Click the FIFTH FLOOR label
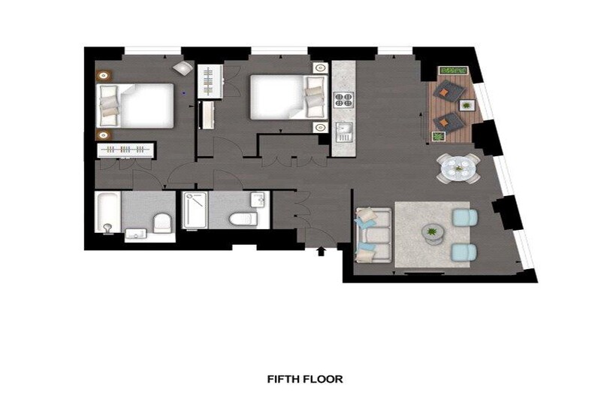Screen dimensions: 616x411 pos(305,379)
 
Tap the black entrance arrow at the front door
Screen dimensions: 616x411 pos(322,252)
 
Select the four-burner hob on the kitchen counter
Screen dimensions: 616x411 pos(343,100)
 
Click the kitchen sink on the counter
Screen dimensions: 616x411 pos(344,132)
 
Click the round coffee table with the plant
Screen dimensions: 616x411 pos(432,232)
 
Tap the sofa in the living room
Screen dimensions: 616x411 pos(373,235)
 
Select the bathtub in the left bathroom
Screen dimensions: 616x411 pos(108,212)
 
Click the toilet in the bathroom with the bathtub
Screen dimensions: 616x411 pos(162,223)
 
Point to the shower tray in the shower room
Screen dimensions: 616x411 pos(195,210)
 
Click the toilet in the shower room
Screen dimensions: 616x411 pos(243,219)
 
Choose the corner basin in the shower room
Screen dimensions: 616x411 pos(258,200)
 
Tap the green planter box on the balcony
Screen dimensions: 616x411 pos(454,71)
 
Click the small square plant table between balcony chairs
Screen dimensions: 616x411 pos(467,105)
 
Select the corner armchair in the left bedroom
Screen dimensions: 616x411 pos(183,67)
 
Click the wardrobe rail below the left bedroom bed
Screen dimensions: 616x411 pos(125,150)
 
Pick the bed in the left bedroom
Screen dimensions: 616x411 pos(134,105)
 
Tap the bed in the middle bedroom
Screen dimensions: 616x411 pos(289,97)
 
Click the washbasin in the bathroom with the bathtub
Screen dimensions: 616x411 pos(135,234)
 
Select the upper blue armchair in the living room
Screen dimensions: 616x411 pos(465,217)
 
